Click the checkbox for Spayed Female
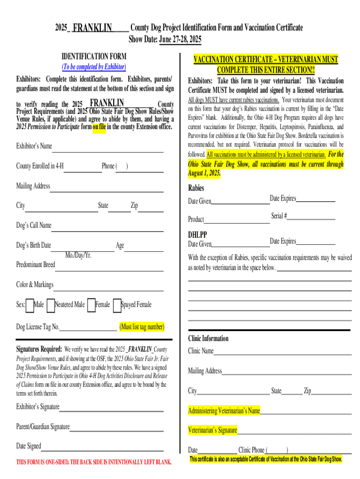[x=117, y=305]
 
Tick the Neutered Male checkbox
[x=51, y=305]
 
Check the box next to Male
[x=30, y=305]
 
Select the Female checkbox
[x=91, y=305]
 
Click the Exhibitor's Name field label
[x=34, y=146]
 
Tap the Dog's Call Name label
[x=34, y=225]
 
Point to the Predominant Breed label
[x=36, y=265]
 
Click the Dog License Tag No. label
[x=38, y=327]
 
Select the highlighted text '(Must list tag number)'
[x=142, y=327]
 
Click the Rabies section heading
[x=196, y=189]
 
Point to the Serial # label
[x=279, y=216]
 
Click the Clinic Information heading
[x=208, y=339]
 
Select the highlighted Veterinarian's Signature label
[x=212, y=430]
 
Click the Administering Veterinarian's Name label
[x=224, y=411]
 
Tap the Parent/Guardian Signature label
[x=43, y=427]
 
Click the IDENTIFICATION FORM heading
[x=94, y=57]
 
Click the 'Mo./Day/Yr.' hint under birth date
[x=79, y=255]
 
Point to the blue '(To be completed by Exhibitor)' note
[x=94, y=67]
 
